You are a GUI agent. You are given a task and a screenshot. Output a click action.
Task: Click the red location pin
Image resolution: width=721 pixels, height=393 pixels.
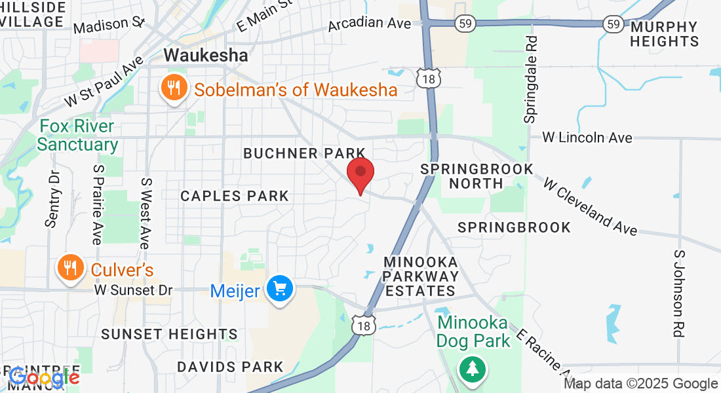coord(360,174)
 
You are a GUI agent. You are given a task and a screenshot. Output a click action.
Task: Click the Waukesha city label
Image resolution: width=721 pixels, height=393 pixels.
coord(206,56)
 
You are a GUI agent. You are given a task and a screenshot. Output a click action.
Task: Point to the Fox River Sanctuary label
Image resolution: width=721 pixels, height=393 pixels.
coord(77,135)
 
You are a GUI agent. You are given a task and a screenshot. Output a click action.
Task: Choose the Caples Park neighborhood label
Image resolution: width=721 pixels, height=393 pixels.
coord(235,196)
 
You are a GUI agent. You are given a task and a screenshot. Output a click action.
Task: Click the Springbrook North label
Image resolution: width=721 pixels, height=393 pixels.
coord(477,176)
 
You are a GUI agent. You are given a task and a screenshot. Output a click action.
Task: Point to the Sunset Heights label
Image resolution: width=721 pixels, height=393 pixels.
coord(169,334)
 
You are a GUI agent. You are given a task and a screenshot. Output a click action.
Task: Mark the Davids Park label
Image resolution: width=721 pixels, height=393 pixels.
coord(230,367)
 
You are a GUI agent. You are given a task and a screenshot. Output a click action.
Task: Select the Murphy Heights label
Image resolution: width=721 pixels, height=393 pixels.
coord(665,34)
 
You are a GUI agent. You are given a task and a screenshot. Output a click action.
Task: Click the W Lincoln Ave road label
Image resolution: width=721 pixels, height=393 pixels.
coord(587,138)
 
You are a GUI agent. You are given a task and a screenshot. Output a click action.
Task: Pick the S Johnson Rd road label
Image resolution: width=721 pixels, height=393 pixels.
coord(679,293)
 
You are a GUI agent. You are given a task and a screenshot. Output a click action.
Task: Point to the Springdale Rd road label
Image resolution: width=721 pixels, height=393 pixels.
coord(530,79)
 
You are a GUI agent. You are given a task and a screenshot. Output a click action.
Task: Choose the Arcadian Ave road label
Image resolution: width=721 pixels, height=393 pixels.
coord(369,24)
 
